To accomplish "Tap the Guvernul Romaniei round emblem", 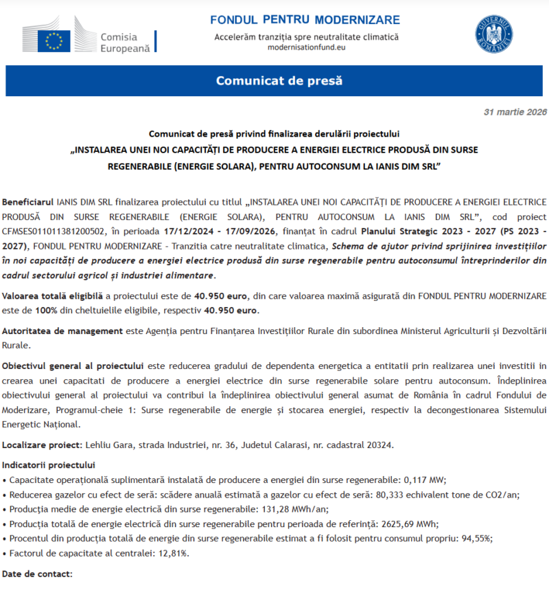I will [493, 35].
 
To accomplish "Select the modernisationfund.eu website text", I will [306, 48].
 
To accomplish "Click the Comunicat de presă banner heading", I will [279, 80].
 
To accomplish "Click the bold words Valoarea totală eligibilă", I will [53, 296].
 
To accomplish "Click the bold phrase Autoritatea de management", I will [62, 331].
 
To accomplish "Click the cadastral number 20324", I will [379, 445].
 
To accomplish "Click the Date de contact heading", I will [37, 573].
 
